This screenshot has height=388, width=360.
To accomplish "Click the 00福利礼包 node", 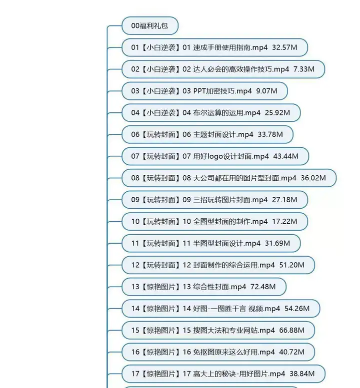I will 149,26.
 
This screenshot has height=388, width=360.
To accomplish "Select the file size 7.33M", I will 304,69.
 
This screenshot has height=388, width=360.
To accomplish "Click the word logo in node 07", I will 216,156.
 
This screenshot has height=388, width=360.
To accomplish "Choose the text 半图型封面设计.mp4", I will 227,243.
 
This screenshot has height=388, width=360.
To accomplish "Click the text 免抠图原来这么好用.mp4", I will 234,352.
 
